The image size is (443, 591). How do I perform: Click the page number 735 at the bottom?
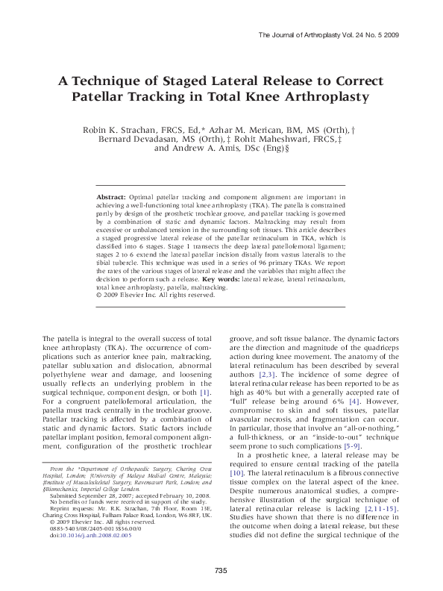[x=220, y=571]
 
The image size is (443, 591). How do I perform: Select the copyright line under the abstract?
[x=156, y=294]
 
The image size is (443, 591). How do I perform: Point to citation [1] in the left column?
[x=204, y=392]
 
